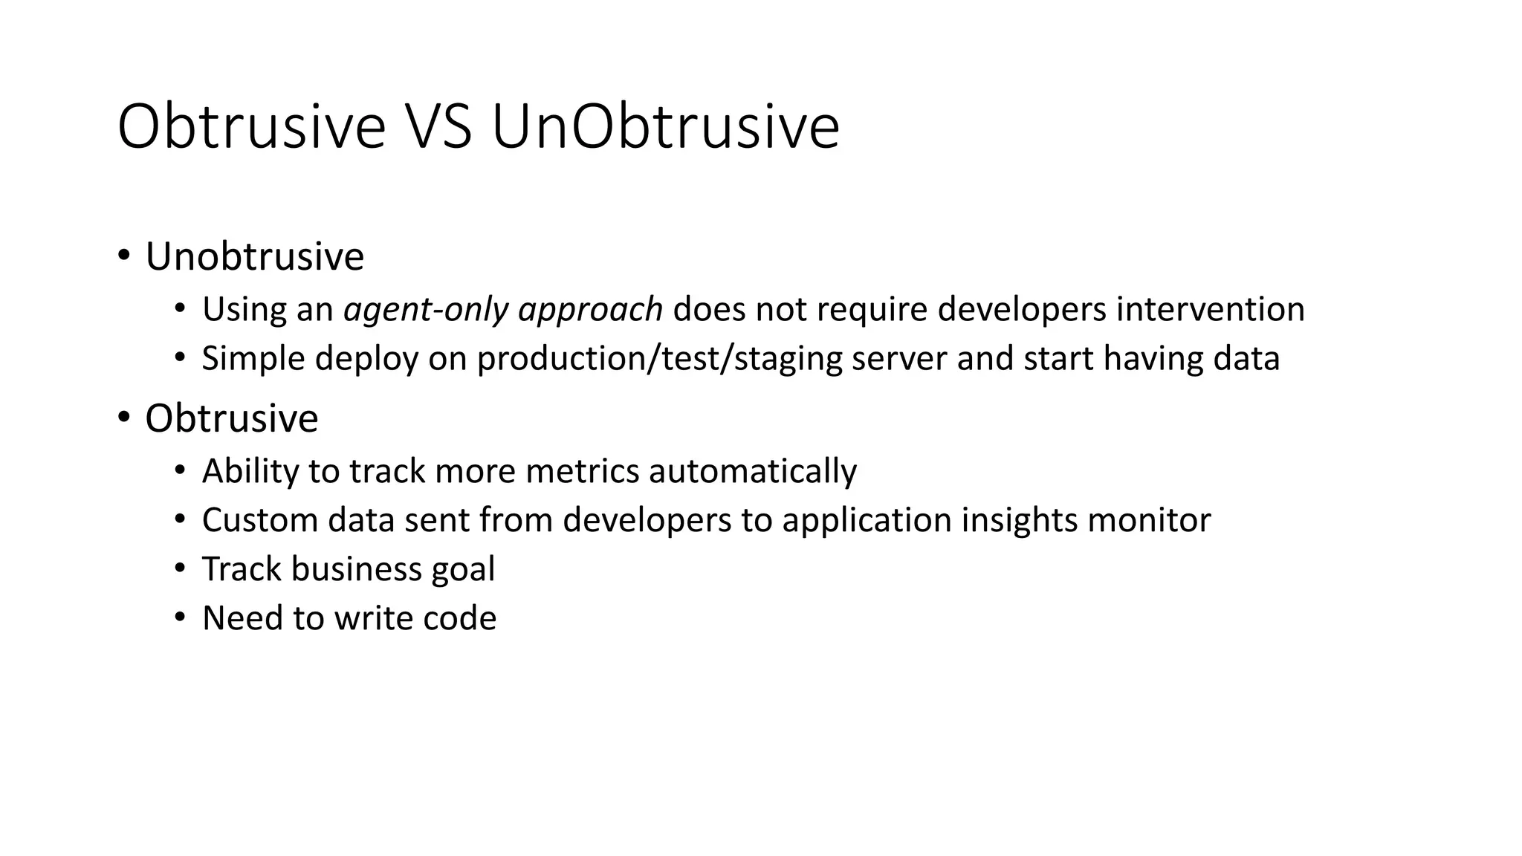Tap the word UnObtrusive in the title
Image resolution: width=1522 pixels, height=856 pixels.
pos(665,128)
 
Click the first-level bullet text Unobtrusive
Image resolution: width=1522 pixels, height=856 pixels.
pos(254,257)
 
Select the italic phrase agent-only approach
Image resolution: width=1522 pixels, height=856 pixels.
pos(503,309)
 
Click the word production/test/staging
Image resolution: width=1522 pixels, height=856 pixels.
pos(659,359)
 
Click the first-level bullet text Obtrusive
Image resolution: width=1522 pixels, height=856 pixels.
pos(231,418)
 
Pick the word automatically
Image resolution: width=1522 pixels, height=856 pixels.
pos(752,471)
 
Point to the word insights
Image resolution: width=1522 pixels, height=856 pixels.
pos(1019,520)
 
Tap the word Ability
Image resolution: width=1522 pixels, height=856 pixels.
pos(249,471)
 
